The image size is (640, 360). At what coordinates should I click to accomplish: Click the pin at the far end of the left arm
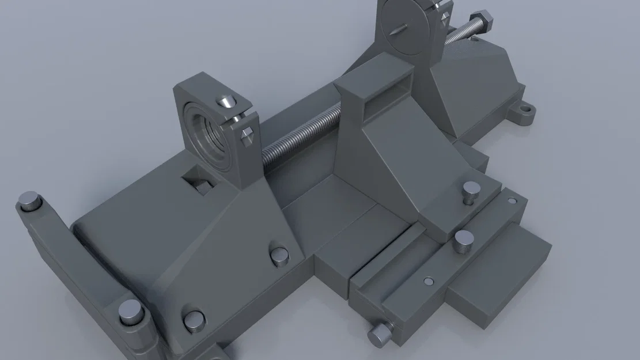click(x=29, y=202)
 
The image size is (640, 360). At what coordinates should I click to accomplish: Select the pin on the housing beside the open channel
click(x=280, y=255)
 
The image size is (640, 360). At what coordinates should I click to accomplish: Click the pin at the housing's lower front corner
click(x=194, y=321)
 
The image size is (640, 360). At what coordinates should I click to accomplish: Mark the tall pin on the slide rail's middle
click(x=463, y=240)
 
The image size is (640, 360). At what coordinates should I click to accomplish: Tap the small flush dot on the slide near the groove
click(x=427, y=281)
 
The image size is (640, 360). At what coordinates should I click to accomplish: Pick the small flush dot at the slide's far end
click(x=512, y=201)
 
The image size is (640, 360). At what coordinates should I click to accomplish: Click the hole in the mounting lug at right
click(x=525, y=108)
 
